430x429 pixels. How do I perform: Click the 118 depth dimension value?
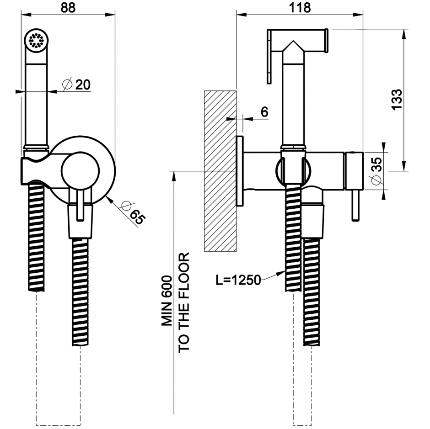[x=300, y=7]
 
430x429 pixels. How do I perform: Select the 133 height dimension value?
[x=397, y=99]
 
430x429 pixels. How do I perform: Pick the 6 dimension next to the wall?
[x=264, y=111]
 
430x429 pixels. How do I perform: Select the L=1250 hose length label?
[x=238, y=280]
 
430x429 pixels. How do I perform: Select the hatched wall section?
[x=220, y=171]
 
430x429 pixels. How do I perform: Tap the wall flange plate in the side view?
[x=240, y=171]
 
